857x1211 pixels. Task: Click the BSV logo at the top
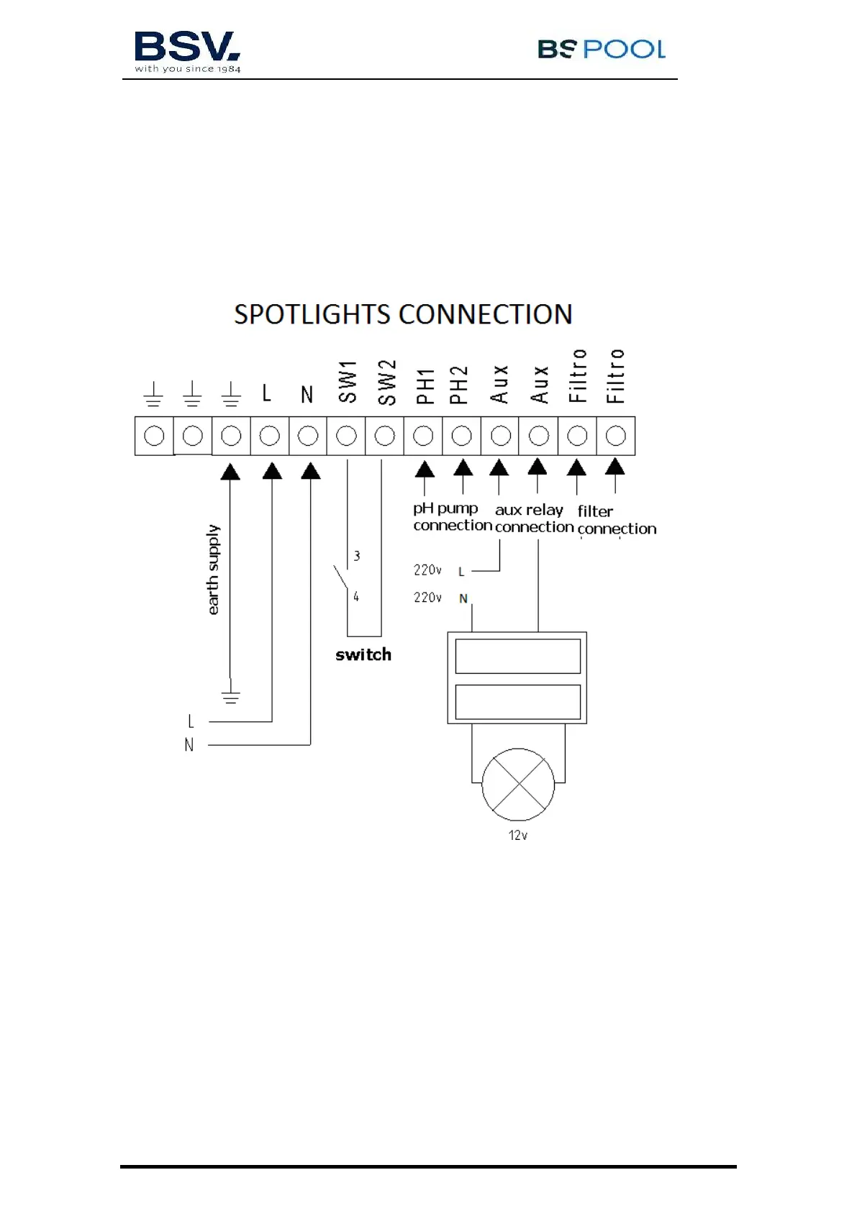[187, 51]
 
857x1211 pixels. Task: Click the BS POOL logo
[601, 49]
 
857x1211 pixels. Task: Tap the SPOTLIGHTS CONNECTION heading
[403, 314]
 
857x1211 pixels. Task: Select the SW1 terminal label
[348, 382]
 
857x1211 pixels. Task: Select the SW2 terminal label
[386, 382]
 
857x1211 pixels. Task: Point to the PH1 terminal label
[425, 386]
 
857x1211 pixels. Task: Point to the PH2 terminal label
[459, 385]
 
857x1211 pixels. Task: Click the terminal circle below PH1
[423, 436]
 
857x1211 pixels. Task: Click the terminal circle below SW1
[346, 436]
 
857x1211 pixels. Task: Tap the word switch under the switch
[363, 654]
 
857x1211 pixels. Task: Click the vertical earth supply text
[213, 570]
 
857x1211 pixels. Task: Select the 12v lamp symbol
[518, 785]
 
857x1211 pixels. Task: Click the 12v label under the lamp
[518, 836]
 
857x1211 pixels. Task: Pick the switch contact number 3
[357, 556]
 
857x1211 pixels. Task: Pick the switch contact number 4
[356, 597]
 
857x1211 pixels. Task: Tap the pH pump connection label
[451, 517]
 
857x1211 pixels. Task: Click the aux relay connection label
[533, 518]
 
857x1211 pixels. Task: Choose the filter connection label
[615, 520]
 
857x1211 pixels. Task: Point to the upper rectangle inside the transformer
[518, 656]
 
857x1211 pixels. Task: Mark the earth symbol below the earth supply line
[230, 695]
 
